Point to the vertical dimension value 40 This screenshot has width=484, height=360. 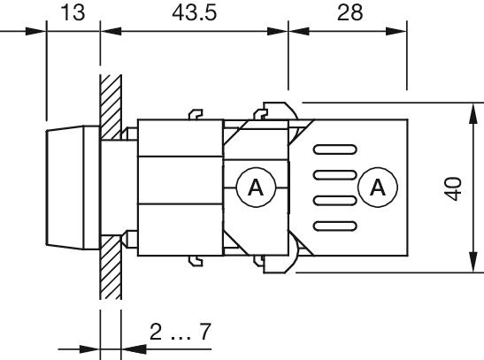(x=453, y=188)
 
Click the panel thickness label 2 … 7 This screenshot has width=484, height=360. (x=180, y=333)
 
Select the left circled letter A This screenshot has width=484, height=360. (x=256, y=188)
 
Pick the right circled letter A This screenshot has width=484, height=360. (x=378, y=188)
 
